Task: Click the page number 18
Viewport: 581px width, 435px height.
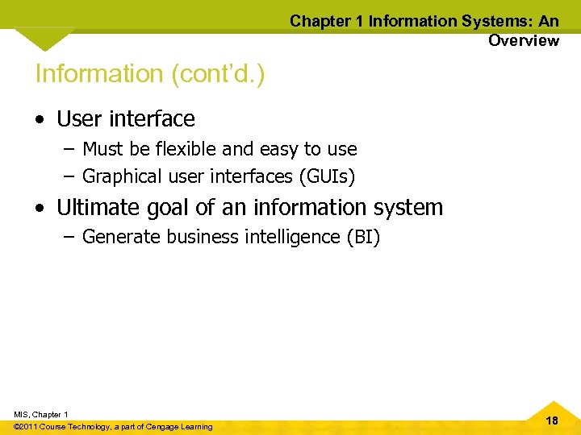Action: point(552,421)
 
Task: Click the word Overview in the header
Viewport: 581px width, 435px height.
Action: point(523,40)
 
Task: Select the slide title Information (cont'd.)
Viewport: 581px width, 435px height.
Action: point(150,73)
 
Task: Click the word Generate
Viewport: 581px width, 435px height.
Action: point(121,237)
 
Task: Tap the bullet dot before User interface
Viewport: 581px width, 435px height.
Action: point(40,119)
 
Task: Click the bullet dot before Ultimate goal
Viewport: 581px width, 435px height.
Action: point(40,208)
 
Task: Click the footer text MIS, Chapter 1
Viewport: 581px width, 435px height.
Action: point(41,414)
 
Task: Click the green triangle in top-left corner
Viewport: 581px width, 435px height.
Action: point(44,38)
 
